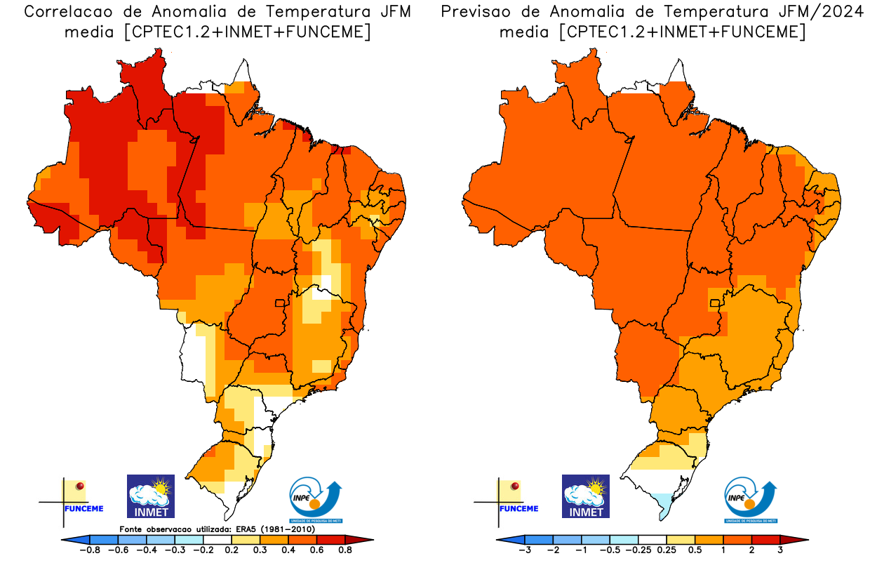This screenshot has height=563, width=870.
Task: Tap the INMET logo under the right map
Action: [586, 496]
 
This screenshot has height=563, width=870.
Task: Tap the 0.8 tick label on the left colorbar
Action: [344, 550]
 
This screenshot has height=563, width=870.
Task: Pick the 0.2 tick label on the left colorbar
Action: [231, 550]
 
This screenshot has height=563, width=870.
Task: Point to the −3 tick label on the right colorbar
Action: [523, 550]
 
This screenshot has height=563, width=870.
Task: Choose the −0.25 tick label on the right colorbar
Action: [638, 550]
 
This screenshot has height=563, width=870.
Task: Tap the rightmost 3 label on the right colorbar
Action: [779, 550]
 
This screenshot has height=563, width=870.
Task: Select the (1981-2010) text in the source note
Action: [294, 529]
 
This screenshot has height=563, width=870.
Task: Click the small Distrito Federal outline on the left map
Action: [279, 303]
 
